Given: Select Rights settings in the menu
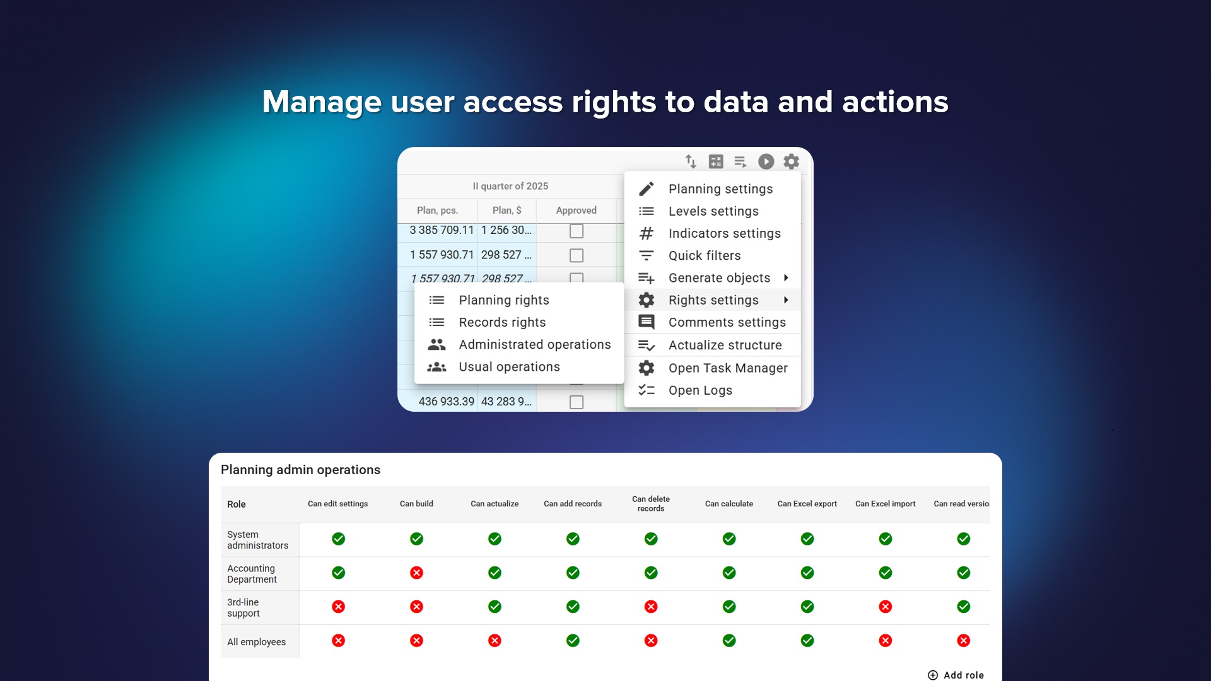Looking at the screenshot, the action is [713, 300].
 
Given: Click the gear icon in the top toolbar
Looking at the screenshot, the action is [791, 161].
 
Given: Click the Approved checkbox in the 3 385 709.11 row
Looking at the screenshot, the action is [576, 231].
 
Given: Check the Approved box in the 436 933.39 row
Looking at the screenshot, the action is [576, 402].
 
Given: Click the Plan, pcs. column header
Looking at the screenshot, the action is [437, 211].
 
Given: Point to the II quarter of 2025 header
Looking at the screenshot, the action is [510, 186].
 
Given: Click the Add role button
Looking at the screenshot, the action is [956, 675].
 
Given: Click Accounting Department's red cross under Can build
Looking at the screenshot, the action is [416, 573].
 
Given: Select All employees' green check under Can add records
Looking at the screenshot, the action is [573, 641].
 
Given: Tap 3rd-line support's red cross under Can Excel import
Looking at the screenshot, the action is [886, 607].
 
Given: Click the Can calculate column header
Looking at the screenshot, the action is [729, 504].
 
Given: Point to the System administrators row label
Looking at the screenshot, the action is [257, 540].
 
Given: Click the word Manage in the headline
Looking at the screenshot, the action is [322, 102].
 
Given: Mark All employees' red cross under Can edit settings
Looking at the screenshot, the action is [339, 641].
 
